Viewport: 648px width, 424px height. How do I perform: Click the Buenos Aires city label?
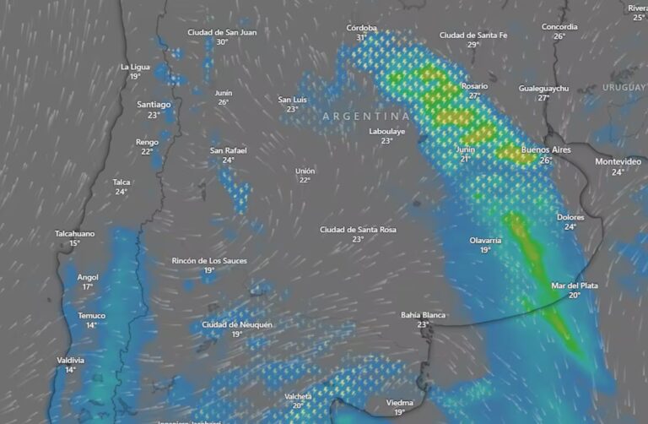[x=548, y=149]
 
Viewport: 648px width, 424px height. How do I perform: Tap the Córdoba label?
[x=362, y=28]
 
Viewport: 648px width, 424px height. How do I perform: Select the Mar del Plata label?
[x=575, y=285]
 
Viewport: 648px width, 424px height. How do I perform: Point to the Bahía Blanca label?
[x=423, y=315]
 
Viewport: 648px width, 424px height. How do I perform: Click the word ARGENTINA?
[x=366, y=116]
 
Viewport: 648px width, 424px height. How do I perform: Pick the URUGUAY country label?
[x=624, y=88]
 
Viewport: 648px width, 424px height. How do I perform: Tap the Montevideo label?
[x=618, y=161]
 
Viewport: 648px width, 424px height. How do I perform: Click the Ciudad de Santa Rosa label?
[x=358, y=230]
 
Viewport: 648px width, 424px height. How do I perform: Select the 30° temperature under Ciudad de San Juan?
[x=222, y=42]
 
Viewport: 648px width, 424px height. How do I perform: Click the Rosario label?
[x=474, y=86]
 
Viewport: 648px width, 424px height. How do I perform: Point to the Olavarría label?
[x=486, y=241]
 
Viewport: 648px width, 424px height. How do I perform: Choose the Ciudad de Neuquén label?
[x=237, y=324]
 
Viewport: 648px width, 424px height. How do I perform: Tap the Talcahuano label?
[x=75, y=233]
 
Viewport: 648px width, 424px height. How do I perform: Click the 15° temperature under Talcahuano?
[x=75, y=243]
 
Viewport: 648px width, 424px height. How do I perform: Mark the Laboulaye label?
[x=386, y=132]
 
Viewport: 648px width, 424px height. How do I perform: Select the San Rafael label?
[x=229, y=150]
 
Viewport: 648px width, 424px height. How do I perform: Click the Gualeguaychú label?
[x=543, y=88]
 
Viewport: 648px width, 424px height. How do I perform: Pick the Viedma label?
[x=400, y=403]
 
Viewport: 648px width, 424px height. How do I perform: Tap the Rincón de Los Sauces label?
[x=209, y=261]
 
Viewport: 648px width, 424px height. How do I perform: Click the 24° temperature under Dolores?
[x=570, y=227]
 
